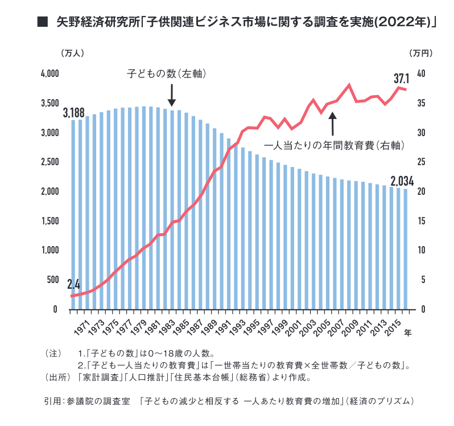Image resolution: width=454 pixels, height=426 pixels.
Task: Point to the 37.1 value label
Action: point(402,79)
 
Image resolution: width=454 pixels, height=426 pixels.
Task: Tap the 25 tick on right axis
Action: point(421,162)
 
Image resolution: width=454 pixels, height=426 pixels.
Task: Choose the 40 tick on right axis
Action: point(421,73)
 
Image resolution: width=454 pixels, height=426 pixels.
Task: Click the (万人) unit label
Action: point(72,53)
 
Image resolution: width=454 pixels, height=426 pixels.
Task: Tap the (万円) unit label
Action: point(421,53)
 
